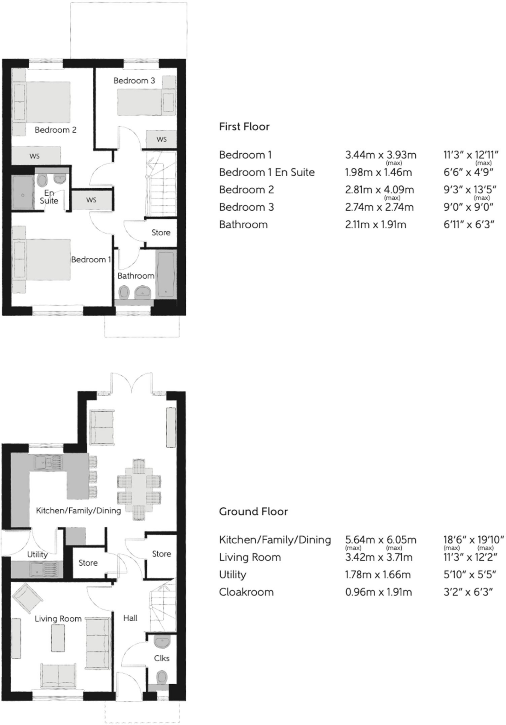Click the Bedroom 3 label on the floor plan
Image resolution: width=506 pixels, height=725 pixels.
click(134, 81)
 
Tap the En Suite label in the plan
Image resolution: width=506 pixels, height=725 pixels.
click(49, 197)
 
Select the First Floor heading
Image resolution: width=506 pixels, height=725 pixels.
click(244, 127)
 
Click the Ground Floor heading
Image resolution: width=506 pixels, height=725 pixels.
click(253, 512)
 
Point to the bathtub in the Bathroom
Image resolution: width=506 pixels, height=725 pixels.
click(165, 274)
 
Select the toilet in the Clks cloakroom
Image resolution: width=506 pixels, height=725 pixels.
click(162, 677)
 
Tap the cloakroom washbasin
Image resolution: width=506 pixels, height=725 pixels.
click(162, 641)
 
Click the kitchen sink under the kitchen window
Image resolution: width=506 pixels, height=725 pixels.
click(48, 462)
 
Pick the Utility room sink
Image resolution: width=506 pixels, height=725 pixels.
click(43, 570)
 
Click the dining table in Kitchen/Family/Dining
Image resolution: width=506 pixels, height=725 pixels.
click(139, 489)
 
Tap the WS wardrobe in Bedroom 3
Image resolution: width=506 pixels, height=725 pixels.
click(161, 139)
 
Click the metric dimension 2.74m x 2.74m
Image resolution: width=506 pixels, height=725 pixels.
click(379, 207)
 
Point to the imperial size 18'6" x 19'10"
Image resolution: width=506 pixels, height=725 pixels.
click(473, 540)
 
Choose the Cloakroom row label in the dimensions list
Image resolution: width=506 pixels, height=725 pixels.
click(246, 592)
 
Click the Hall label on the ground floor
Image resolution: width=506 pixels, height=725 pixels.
click(130, 618)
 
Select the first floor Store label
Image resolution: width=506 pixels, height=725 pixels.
click(161, 233)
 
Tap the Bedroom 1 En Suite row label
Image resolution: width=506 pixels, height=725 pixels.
click(267, 172)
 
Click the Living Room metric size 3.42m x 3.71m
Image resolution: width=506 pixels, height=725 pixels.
click(378, 558)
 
